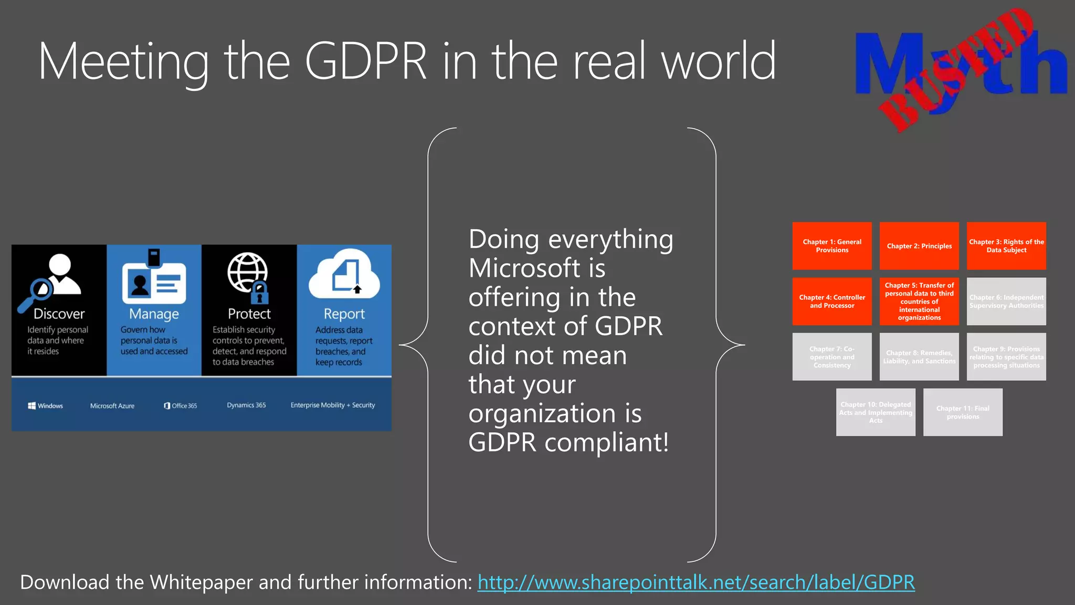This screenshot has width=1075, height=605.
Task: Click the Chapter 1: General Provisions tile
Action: coord(832,246)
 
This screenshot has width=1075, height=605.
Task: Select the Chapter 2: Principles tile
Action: coord(919,246)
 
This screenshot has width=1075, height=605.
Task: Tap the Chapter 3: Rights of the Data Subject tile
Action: coord(1006,246)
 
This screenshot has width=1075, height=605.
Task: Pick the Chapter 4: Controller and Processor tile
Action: coord(832,301)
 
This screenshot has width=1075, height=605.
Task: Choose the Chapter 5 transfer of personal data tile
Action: coord(919,301)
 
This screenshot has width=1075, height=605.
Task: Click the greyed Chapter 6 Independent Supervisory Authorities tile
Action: coord(1006,301)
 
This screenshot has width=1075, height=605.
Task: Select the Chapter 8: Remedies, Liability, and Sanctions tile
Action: coord(919,357)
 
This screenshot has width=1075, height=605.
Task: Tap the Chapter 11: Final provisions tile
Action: coord(963,412)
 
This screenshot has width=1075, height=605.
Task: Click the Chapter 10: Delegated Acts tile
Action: coord(876,412)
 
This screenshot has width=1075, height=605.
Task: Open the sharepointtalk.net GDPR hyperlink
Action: coord(696,582)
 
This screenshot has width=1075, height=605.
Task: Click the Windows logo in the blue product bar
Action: coord(32,405)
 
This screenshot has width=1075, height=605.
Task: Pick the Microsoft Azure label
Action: coord(112,405)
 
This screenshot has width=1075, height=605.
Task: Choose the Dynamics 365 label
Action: coord(246,405)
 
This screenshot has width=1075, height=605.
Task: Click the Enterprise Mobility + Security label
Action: coord(333,405)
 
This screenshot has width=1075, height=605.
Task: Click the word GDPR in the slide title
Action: coord(366,62)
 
